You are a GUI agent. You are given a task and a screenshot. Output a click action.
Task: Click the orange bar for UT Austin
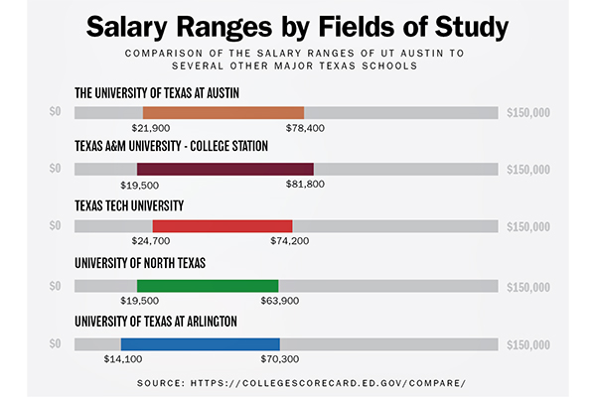223,112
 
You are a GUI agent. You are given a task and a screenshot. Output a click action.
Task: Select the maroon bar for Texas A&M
225,169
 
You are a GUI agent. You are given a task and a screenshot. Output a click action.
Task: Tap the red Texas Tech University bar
223,226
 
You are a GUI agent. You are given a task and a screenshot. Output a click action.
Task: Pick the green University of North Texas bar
208,285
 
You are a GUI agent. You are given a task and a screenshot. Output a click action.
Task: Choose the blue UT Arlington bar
196,343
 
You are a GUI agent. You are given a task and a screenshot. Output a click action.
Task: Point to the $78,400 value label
304,128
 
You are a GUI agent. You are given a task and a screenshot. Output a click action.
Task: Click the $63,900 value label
278,300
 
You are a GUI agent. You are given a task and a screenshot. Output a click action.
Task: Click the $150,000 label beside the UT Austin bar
527,112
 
